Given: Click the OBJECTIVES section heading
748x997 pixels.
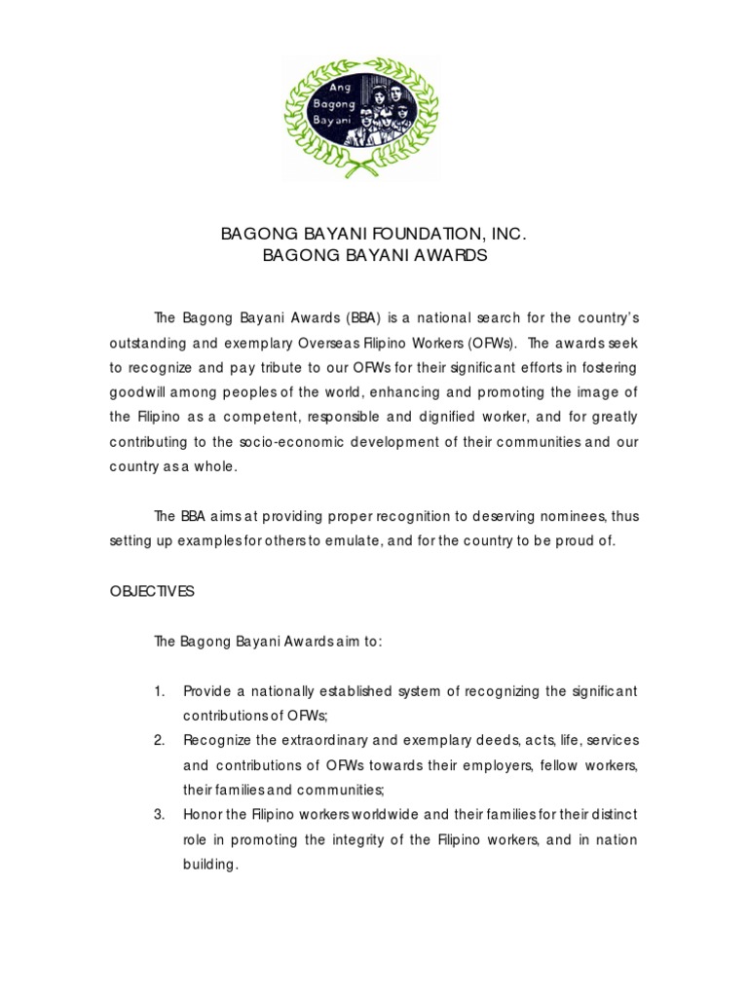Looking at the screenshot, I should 152,591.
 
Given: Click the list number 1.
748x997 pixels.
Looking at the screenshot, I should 159,691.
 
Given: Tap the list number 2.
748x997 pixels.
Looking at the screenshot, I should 159,740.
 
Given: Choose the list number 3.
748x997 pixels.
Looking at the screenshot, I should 159,814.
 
